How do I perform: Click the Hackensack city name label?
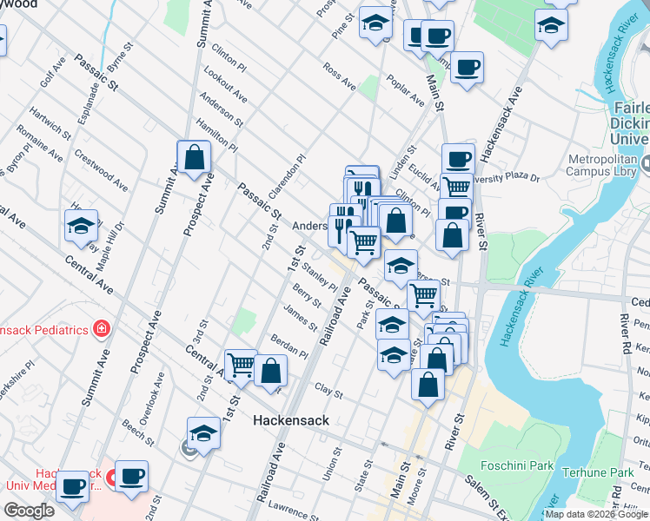pyautogui.click(x=290, y=420)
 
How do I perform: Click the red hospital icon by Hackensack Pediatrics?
pyautogui.click(x=102, y=329)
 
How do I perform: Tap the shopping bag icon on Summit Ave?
pyautogui.click(x=194, y=157)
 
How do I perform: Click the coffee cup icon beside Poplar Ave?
pyautogui.click(x=467, y=68)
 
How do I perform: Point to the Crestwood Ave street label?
pyautogui.click(x=100, y=174)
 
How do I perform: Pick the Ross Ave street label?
pyautogui.click(x=338, y=75)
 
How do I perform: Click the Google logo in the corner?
pyautogui.click(x=30, y=511)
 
